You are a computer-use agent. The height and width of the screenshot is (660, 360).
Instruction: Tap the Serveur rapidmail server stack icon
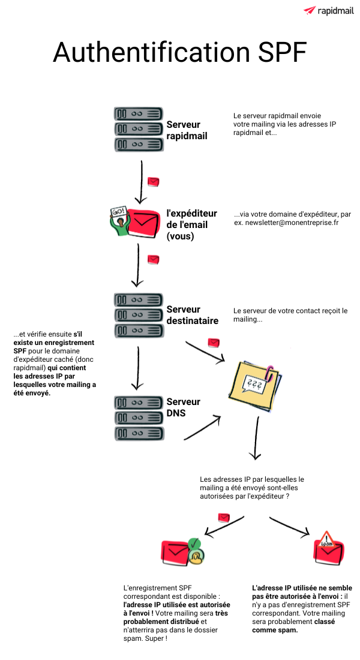point(138,129)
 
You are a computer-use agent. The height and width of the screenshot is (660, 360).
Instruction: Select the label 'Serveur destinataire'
point(192,315)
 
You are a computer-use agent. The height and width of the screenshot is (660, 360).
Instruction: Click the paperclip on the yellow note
point(271,371)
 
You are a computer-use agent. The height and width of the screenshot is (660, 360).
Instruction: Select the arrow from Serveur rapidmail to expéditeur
point(141,181)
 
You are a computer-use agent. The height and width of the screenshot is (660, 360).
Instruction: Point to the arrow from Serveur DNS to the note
point(203,427)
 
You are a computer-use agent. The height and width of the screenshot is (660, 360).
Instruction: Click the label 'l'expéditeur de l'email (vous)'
point(187,224)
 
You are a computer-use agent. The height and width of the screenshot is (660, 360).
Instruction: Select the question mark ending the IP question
point(289,496)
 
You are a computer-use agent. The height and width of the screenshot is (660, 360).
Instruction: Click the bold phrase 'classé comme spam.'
point(294,626)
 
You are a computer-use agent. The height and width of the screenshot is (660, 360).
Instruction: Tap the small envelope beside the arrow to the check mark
point(224,517)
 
